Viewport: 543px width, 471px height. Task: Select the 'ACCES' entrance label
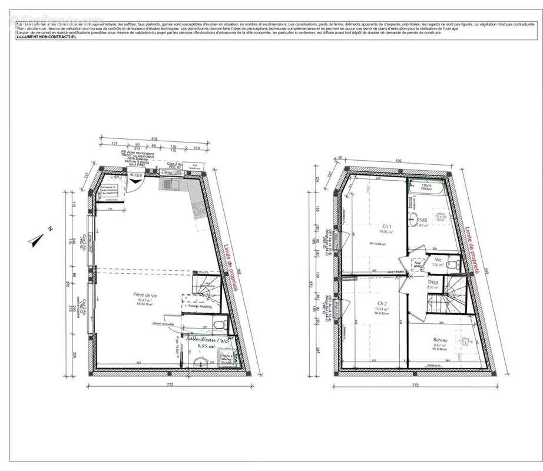click(135, 175)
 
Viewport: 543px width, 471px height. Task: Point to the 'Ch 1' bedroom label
click(387, 226)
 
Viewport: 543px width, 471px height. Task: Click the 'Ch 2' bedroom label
click(381, 304)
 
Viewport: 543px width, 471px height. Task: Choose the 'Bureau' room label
click(440, 340)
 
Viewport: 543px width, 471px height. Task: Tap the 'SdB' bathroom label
click(423, 219)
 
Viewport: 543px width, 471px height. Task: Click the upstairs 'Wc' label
click(438, 259)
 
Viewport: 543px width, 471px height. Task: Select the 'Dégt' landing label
click(432, 282)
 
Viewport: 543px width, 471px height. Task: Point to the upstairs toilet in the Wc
click(451, 266)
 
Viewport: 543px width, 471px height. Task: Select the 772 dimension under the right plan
click(415, 385)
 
